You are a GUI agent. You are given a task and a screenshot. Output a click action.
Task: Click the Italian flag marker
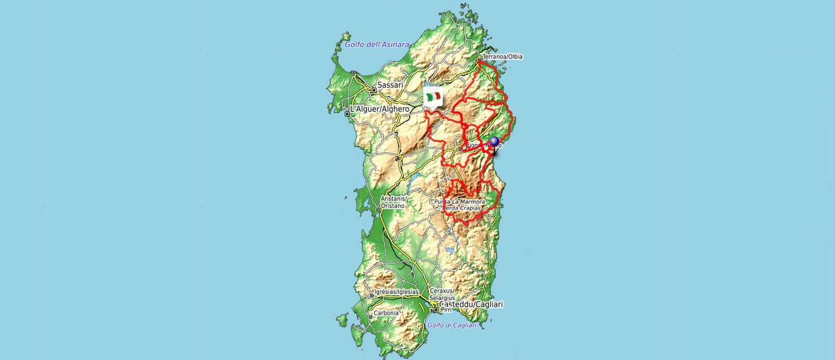tap(433, 97)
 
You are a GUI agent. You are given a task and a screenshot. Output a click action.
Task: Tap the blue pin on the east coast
tap(494, 143)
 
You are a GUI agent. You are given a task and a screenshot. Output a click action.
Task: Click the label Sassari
tap(390, 85)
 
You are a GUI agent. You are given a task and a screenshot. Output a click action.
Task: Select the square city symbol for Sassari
tap(374, 90)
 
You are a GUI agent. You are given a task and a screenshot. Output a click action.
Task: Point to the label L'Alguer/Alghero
tap(379, 109)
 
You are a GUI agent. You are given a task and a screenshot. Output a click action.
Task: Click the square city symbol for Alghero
tap(347, 114)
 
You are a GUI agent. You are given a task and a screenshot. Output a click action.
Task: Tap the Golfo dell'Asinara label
tap(377, 45)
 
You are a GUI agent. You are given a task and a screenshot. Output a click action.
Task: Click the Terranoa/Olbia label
tap(502, 57)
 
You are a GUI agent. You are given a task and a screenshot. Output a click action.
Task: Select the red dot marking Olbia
tap(479, 61)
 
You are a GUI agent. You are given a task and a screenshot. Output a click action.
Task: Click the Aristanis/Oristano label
tap(393, 202)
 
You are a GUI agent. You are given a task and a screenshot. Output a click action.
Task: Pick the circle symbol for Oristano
tap(378, 210)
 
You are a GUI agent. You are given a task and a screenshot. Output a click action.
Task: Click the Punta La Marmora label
tap(459, 202)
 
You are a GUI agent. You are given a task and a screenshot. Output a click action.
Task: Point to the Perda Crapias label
tap(462, 208)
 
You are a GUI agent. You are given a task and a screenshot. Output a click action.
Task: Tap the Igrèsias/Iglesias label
tap(396, 292)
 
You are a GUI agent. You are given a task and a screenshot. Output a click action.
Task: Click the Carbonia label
tap(386, 313)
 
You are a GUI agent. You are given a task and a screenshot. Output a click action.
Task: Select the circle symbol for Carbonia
tap(370, 317)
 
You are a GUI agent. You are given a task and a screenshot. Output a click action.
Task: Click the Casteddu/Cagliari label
tap(471, 305)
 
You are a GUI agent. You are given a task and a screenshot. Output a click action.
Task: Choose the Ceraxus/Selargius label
tap(442, 294)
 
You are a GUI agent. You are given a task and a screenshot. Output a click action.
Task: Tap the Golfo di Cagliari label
tap(452, 325)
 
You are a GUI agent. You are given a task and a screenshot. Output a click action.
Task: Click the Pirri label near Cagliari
tap(446, 310)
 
